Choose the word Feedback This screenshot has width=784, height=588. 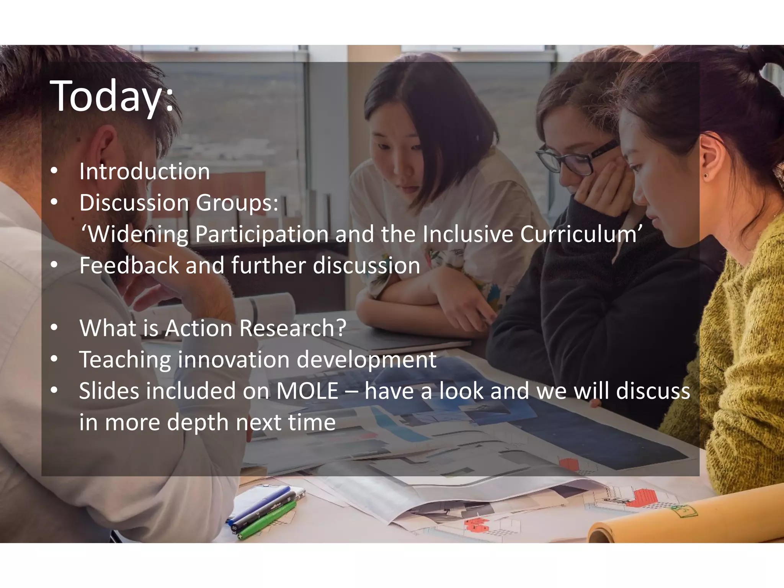point(129,265)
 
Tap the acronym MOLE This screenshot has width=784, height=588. point(307,391)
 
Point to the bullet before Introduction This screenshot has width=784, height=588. point(54,172)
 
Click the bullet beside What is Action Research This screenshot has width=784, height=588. point(54,329)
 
